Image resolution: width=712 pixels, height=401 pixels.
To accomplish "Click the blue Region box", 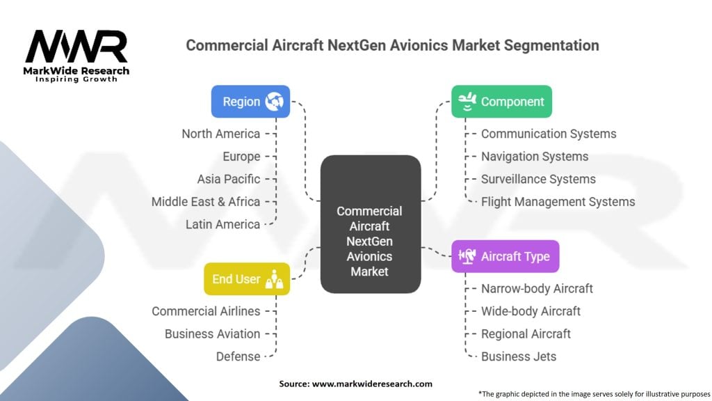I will pos(250,102).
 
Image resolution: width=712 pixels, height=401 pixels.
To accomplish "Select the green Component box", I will pos(501,102).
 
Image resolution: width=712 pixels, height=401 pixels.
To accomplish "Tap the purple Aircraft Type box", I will pos(505,256).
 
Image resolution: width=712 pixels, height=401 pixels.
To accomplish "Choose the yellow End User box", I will pos(246,279).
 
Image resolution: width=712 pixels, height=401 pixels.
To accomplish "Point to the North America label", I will pos(221,134).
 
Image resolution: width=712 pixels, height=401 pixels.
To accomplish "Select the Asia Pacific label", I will pos(229,179).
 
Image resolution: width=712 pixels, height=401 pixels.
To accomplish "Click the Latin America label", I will pos(223,224).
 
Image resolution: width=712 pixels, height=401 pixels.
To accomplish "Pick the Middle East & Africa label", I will pos(206,202).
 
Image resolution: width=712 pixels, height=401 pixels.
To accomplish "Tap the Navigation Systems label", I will pos(535,157).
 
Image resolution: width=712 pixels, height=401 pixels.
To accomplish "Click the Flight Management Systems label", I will pos(558,202).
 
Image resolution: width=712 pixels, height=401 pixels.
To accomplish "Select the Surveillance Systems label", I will pos(538,179).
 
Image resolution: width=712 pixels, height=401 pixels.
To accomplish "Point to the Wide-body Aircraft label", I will pos(531,311).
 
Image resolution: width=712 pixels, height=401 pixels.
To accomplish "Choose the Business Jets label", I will pos(519,356).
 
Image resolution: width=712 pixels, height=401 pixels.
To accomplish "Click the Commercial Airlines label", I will pos(207,311).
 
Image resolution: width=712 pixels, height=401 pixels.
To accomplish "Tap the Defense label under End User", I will pos(238,356).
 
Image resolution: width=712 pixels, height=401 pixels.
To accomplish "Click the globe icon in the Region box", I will pos(274,102).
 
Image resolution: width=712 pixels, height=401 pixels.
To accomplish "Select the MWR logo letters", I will pos(76,48).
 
